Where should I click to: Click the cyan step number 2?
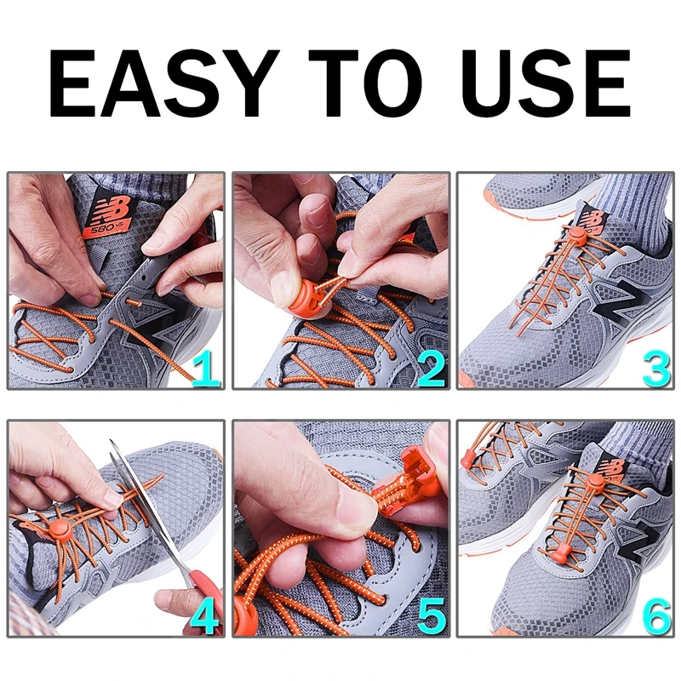point(432,369)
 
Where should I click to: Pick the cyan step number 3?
point(655,369)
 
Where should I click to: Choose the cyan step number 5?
point(431,616)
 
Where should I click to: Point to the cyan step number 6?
point(655,616)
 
